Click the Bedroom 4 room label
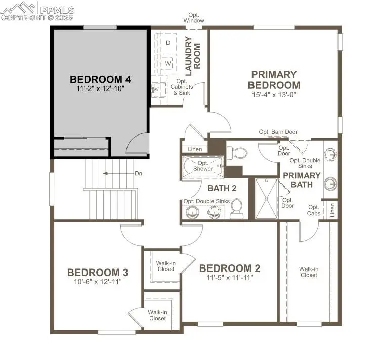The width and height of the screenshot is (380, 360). [x=100, y=79]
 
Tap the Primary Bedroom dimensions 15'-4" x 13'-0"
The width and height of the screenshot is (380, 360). [x=274, y=94]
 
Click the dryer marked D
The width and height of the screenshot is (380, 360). [x=168, y=43]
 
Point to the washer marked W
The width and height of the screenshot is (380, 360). [x=168, y=65]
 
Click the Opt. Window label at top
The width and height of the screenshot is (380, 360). [x=194, y=18]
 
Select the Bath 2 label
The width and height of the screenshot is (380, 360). [x=222, y=188]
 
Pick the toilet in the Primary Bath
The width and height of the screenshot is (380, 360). [x=238, y=152]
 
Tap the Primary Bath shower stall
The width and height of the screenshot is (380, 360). [x=266, y=199]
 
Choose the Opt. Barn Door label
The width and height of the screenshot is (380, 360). [x=278, y=132]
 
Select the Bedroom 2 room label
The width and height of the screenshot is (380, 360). [x=229, y=268]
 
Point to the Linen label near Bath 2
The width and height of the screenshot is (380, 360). [x=194, y=149]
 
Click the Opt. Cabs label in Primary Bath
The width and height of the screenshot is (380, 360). [x=314, y=210]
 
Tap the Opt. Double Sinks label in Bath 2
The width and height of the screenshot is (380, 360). [x=206, y=201]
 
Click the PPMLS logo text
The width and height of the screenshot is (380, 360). [x=57, y=10]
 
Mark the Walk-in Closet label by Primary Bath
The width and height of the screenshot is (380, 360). [x=308, y=272]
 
